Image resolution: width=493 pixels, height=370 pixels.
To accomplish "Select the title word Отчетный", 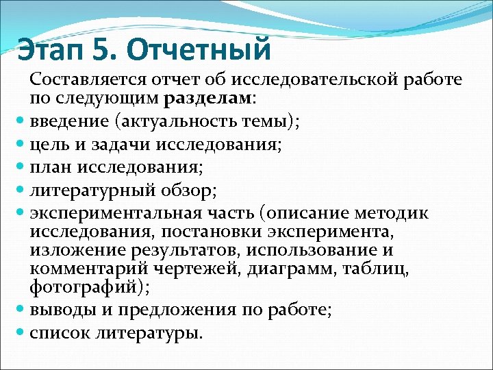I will pyautogui.click(x=199, y=50).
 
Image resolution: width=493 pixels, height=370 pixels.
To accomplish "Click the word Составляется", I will pyautogui.click(x=86, y=79).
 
